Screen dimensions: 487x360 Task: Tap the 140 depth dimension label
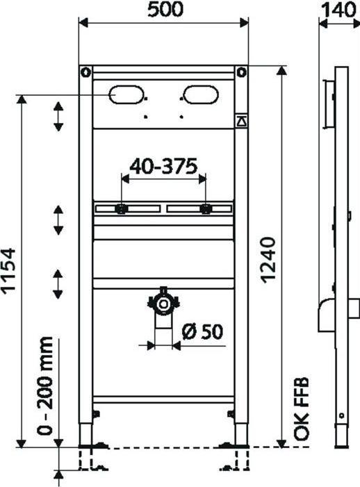pyautogui.click(x=338, y=10)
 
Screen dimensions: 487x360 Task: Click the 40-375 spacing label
pyautogui.click(x=164, y=166)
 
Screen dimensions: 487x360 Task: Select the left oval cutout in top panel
pyautogui.click(x=126, y=94)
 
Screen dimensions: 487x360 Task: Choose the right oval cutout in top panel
pyautogui.click(x=199, y=94)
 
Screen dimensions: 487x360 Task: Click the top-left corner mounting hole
pyautogui.click(x=85, y=72)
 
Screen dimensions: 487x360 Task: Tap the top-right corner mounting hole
pyautogui.click(x=241, y=72)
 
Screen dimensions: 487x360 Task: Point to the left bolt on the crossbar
pyautogui.click(x=121, y=208)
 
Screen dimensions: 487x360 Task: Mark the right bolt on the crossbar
pyautogui.click(x=206, y=208)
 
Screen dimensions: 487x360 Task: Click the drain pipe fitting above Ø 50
pyautogui.click(x=164, y=304)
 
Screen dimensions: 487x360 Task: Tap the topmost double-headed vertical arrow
pyautogui.click(x=59, y=115)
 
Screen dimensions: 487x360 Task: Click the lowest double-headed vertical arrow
pyautogui.click(x=59, y=283)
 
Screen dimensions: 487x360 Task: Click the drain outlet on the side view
pyautogui.click(x=325, y=316)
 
